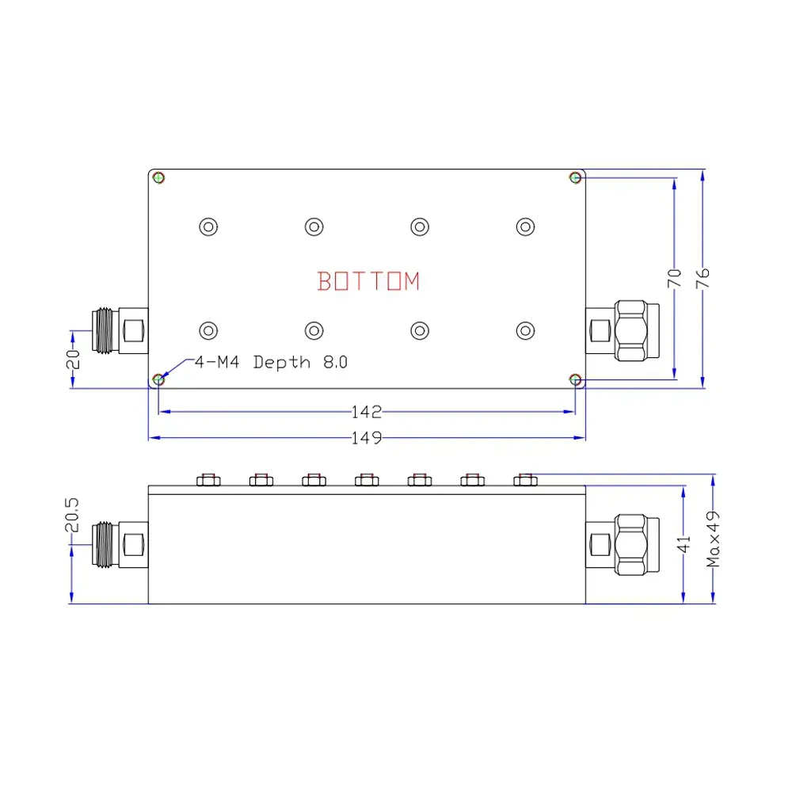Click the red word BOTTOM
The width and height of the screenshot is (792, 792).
pyautogui.click(x=369, y=281)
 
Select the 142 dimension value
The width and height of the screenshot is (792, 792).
pyautogui.click(x=367, y=412)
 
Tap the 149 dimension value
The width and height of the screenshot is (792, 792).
pyautogui.click(x=367, y=437)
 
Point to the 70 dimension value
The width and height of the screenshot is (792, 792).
pyautogui.click(x=674, y=278)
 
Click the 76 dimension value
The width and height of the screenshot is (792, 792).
pyautogui.click(x=703, y=278)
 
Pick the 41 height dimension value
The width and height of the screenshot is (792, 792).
pyautogui.click(x=683, y=545)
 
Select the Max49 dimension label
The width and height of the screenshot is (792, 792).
pyautogui.click(x=713, y=539)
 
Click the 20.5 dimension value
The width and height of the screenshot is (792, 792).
pyautogui.click(x=72, y=515)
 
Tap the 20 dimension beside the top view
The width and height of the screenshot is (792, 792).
pyautogui.click(x=73, y=359)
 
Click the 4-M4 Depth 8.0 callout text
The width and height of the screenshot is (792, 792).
pyautogui.click(x=271, y=362)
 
